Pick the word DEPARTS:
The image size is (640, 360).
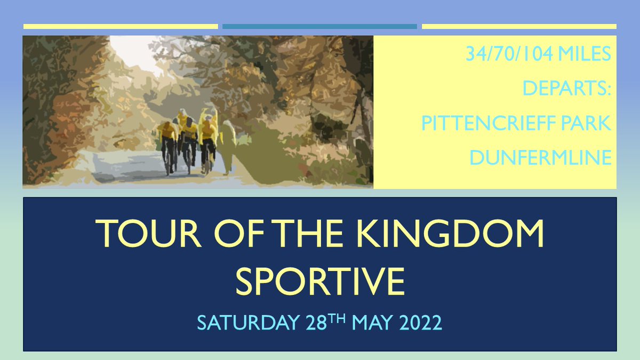coord(567,89)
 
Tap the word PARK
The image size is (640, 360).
coord(586,124)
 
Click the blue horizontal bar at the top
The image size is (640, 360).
coord(319,26)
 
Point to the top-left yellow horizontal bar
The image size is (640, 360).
coord(121,26)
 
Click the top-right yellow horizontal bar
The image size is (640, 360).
coord(519,26)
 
